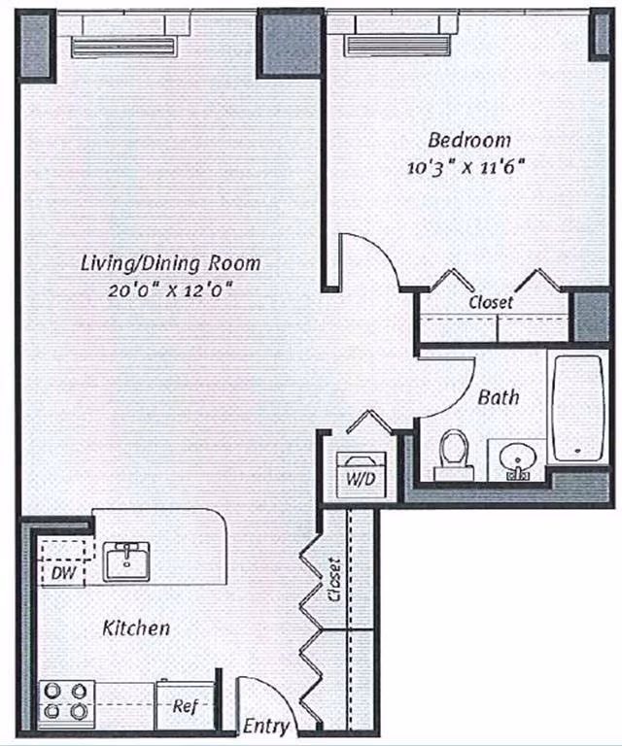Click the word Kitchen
[136, 628]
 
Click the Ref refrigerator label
[185, 706]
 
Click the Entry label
[265, 727]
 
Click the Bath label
[498, 397]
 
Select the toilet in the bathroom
[453, 455]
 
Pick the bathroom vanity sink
[516, 461]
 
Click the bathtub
[579, 407]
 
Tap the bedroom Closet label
[491, 302]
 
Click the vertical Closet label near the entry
[334, 580]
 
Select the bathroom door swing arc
[448, 387]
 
